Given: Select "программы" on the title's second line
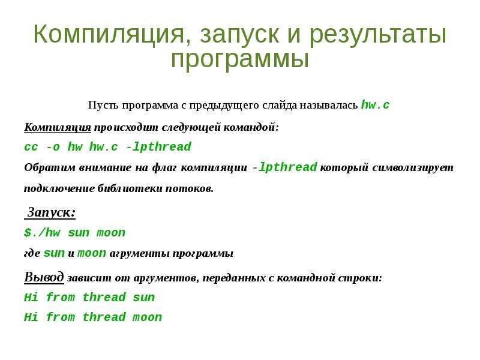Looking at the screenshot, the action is click(x=239, y=59).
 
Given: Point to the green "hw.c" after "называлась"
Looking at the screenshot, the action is click(x=376, y=104).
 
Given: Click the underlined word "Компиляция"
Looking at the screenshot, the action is click(x=58, y=127).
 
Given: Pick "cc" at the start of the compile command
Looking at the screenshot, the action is click(x=31, y=147).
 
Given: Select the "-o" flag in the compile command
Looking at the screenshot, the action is click(x=53, y=147).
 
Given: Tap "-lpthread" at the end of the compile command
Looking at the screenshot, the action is click(x=158, y=147).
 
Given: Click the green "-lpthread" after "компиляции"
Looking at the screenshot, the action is click(x=284, y=167).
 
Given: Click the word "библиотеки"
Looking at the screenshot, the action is click(x=130, y=188).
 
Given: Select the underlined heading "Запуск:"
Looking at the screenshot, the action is click(x=51, y=212).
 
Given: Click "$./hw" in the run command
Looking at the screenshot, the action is click(x=42, y=233).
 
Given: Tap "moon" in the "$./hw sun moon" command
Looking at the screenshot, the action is click(x=111, y=233).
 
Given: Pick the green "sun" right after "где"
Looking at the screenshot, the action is click(x=54, y=253).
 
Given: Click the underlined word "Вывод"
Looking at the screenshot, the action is click(x=44, y=277).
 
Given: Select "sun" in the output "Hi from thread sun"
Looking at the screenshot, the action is click(x=144, y=298).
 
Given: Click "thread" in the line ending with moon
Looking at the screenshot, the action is click(x=104, y=317).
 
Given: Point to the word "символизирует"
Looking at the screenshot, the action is click(x=413, y=168).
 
